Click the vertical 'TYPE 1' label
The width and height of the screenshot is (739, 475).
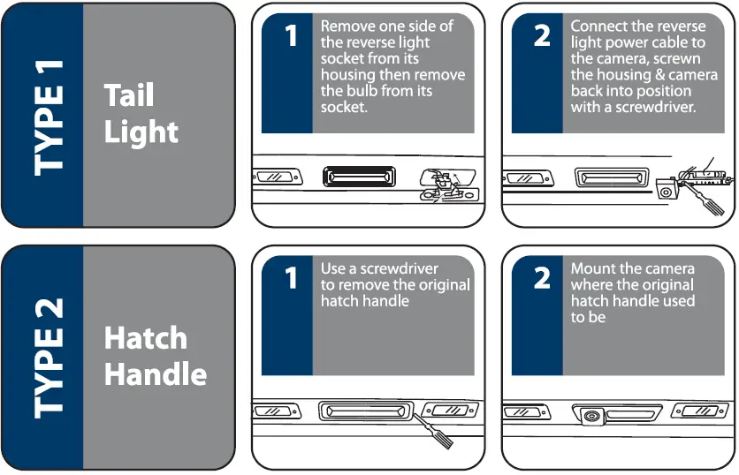pyautogui.click(x=49, y=118)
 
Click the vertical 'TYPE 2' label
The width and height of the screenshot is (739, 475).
pyautogui.click(x=49, y=358)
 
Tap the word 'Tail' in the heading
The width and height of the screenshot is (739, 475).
pyautogui.click(x=129, y=95)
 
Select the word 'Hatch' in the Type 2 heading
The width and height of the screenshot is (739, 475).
pyautogui.click(x=146, y=338)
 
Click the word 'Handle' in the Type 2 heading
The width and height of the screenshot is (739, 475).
pyautogui.click(x=156, y=374)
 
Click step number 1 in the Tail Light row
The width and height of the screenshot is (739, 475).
pyautogui.click(x=291, y=36)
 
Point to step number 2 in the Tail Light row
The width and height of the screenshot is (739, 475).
pyautogui.click(x=542, y=36)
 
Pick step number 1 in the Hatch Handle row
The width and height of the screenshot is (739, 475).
pyautogui.click(x=291, y=278)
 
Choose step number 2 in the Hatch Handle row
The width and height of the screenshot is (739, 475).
pyautogui.click(x=542, y=278)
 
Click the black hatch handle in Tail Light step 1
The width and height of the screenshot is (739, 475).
pyautogui.click(x=359, y=177)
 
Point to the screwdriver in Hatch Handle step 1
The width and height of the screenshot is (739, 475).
pyautogui.click(x=433, y=430)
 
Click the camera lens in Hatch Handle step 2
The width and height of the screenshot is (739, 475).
pyautogui.click(x=590, y=416)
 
